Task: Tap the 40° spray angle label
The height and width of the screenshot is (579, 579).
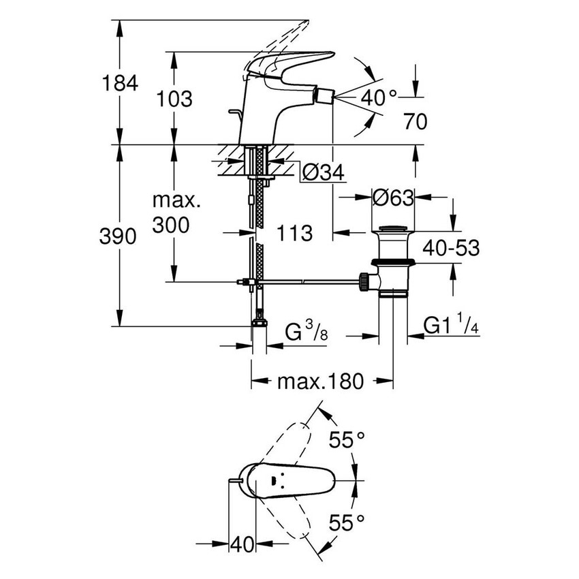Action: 378,97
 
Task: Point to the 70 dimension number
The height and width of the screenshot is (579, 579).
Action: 414,122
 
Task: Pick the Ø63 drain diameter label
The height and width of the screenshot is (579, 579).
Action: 393,198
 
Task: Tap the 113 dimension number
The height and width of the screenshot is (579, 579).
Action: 294,233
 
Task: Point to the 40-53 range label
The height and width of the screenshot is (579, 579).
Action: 450,247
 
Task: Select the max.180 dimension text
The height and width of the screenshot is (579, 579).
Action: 320,381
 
